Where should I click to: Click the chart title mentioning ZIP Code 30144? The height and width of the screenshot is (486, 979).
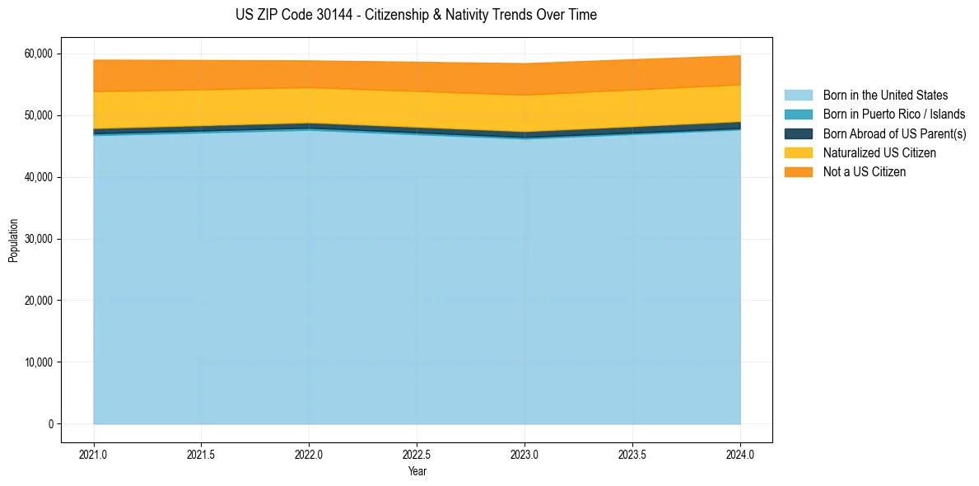pos(416,15)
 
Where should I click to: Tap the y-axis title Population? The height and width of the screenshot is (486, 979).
pos(13,241)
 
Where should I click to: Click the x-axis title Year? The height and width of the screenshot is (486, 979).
pos(417,471)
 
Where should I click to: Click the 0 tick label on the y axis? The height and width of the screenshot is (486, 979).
pos(50,424)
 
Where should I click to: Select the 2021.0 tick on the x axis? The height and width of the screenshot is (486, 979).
pos(94,454)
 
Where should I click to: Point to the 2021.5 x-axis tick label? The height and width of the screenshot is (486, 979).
pos(201,454)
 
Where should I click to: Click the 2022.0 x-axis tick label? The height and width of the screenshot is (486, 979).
pos(309,454)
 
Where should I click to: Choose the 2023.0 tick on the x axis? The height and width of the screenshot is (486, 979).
pos(524,454)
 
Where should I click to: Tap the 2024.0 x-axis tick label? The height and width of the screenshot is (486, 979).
pos(740,454)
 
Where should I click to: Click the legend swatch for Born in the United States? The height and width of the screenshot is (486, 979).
pos(798,96)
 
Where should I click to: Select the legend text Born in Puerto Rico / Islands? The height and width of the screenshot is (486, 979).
pos(894,114)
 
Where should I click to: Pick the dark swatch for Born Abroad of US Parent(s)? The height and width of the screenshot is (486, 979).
pos(798,133)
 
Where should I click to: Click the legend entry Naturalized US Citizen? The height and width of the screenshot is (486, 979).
pos(879,153)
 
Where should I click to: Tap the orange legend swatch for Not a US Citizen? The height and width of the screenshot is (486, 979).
pos(798,172)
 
